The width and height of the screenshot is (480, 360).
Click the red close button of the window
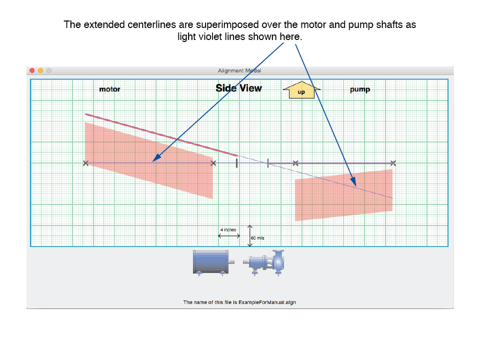[32, 70]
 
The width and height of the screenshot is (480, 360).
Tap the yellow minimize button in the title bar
[40, 70]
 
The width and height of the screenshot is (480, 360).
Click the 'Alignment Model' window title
[239, 70]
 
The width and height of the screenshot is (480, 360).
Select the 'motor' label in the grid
[109, 89]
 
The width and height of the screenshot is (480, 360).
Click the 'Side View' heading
[239, 88]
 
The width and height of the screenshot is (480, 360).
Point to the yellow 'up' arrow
[301, 89]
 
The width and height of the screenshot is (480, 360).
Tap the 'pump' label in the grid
[360, 89]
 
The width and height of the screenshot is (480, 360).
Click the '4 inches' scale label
[228, 229]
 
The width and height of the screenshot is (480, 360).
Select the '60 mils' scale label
[257, 238]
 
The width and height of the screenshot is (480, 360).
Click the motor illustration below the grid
[213, 262]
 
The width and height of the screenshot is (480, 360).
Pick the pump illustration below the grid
[263, 262]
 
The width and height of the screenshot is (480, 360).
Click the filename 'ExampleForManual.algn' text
[267, 302]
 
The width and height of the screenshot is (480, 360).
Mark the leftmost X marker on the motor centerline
[85, 163]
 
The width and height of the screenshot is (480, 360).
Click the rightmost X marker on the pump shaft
[393, 163]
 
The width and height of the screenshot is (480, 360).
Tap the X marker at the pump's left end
[295, 163]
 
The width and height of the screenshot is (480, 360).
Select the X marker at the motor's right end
[213, 163]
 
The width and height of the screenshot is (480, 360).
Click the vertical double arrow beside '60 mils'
[250, 235]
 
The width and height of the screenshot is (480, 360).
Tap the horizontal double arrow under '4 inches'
[229, 235]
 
